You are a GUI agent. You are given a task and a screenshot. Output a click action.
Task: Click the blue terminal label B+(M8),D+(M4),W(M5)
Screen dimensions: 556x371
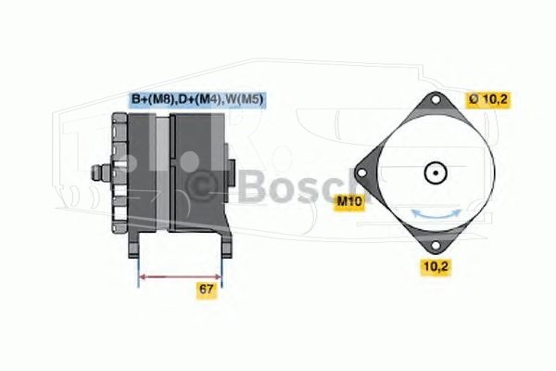coord(197,99)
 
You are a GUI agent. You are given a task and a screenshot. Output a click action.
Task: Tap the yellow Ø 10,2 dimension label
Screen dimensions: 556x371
coord(488,100)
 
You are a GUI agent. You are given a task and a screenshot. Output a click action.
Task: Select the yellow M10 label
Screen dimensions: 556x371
coord(349,201)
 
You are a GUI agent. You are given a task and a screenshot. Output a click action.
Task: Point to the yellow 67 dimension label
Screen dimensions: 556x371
coord(207,289)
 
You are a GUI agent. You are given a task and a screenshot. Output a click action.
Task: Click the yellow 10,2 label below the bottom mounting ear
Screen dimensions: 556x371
coord(436,266)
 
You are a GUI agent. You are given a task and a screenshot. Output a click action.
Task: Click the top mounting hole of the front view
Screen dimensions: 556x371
coord(436,100)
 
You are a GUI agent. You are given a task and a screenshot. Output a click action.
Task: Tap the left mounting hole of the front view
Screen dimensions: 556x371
coord(361,173)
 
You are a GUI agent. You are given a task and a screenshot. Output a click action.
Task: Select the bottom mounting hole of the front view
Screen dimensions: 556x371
coord(436,246)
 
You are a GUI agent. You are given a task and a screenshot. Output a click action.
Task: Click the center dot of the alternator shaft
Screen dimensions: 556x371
coord(436,173)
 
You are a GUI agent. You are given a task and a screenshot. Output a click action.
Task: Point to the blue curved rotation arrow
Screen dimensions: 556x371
coord(436,215)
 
